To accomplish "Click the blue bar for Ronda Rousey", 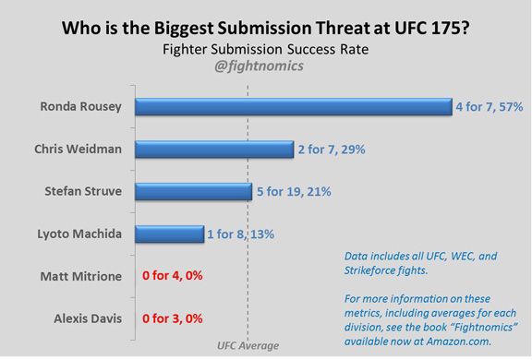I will (292, 107).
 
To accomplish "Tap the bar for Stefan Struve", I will (193, 192).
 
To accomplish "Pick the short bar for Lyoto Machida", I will (169, 234).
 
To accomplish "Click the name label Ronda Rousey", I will (81, 107).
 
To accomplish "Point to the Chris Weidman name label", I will (79, 150).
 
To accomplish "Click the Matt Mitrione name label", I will (80, 276).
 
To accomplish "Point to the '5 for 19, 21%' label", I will (295, 192).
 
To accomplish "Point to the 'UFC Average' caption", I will (248, 346).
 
